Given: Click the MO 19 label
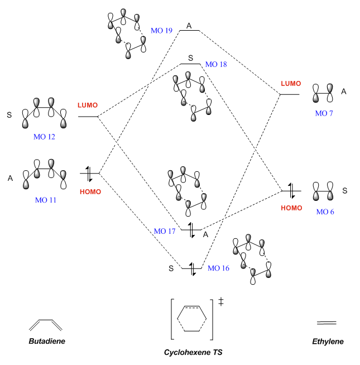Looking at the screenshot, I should (161, 31).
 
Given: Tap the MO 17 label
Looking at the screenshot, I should (165, 230).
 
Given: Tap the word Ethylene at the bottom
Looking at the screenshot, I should (328, 341).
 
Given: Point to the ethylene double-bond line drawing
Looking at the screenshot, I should (327, 323).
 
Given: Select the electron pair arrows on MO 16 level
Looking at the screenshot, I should (193, 268).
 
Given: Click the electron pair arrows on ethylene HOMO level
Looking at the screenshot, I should (290, 191).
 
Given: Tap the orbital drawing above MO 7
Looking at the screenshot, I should (324, 93).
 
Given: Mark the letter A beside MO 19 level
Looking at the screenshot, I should (189, 26).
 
